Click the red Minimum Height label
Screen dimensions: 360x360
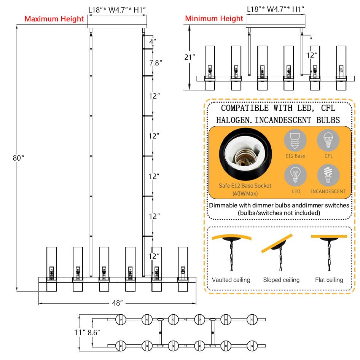[214, 19]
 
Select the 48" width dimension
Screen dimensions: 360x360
[118, 303]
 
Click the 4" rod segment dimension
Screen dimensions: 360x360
[152, 42]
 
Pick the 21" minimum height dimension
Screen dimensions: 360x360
[190, 57]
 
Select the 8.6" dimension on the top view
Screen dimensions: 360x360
[93, 332]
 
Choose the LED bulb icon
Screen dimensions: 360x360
[295, 176]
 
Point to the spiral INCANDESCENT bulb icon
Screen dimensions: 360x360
[328, 176]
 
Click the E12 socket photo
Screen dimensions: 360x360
[245, 156]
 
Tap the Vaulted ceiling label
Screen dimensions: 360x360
[231, 280]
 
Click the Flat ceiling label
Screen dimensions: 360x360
[329, 280]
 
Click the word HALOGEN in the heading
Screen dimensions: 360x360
[233, 120]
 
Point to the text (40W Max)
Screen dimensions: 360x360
[245, 193]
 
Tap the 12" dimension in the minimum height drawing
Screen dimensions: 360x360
[312, 55]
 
